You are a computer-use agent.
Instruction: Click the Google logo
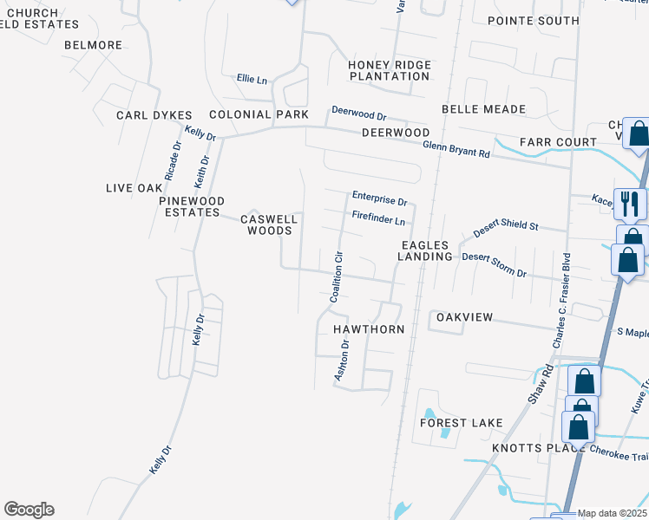pos(29,510)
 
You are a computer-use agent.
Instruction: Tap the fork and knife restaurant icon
pos(629,205)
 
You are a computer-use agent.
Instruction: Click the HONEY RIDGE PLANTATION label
pos(389,70)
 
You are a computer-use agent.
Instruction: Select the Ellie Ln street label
pos(252,79)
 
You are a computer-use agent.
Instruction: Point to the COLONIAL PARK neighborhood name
pos(259,114)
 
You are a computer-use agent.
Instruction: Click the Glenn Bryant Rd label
pos(456,149)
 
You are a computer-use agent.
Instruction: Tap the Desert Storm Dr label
pos(494,264)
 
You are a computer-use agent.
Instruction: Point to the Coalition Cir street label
pos(338,276)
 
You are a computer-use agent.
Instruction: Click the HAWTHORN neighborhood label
pos(369,329)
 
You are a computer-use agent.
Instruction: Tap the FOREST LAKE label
pos(461,423)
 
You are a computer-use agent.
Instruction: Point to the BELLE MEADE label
pos(483,109)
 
